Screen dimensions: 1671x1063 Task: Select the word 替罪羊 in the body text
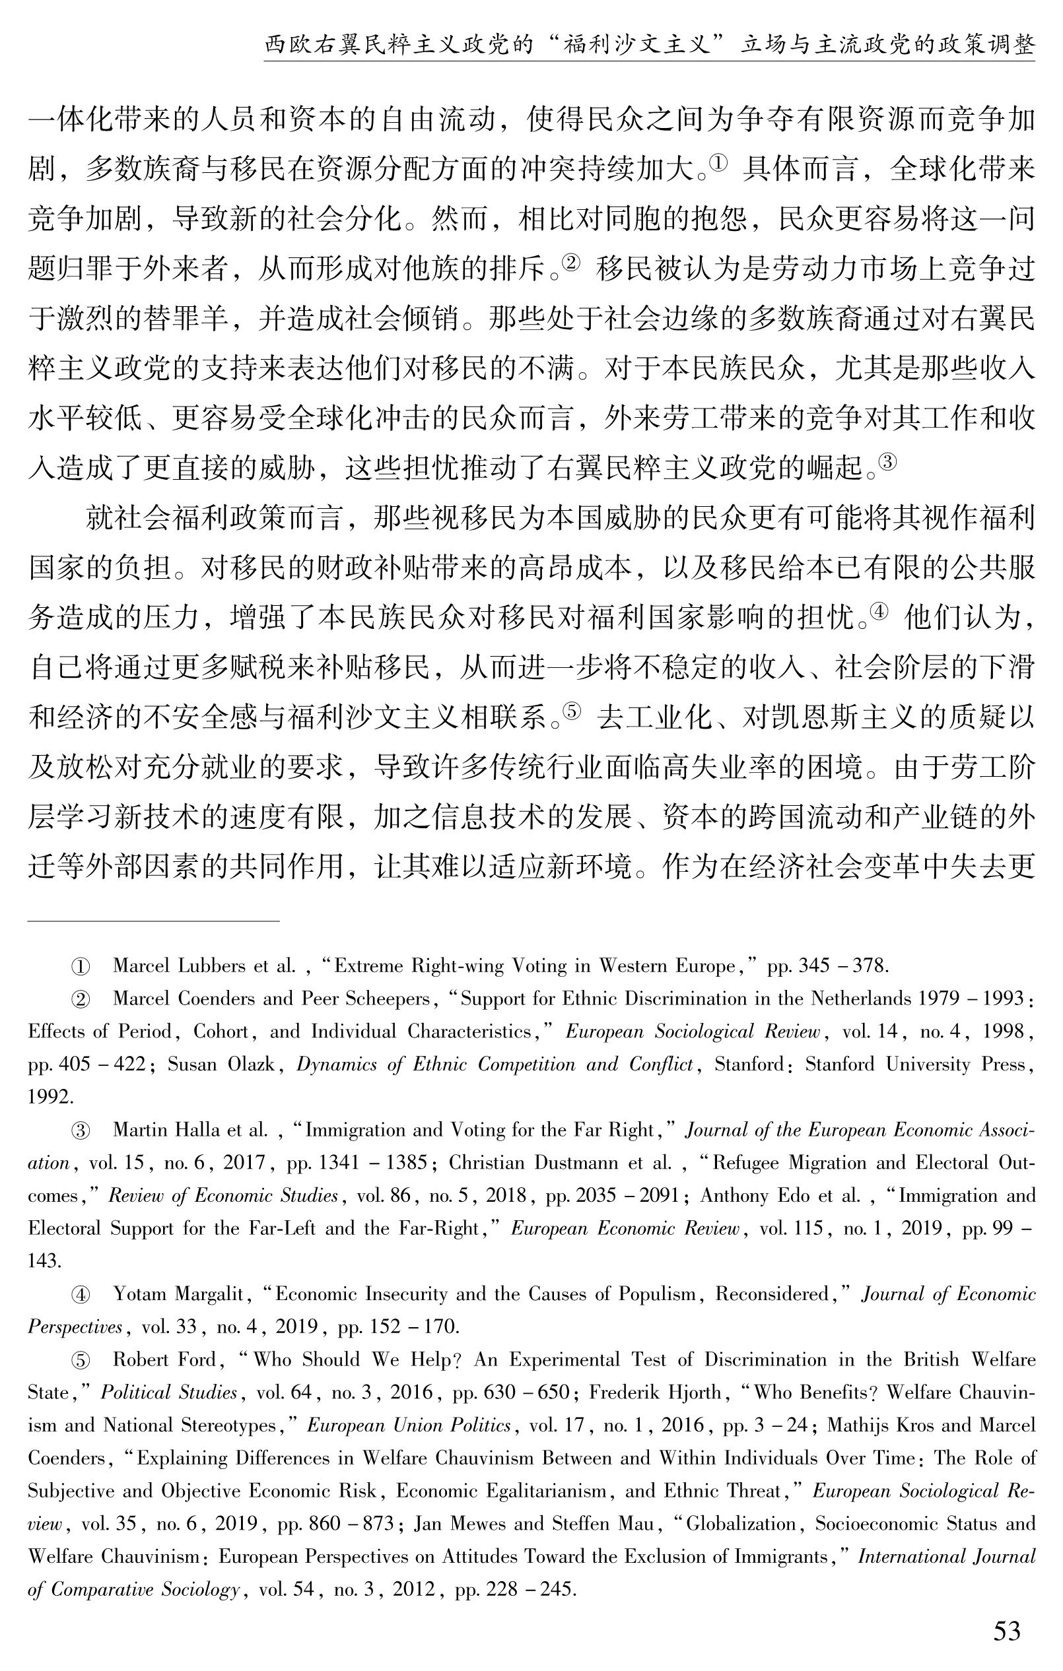click(x=185, y=319)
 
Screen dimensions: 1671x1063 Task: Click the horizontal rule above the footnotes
click(x=153, y=921)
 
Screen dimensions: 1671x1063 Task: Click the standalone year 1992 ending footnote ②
click(x=50, y=1096)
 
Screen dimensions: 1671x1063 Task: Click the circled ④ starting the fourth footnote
click(x=81, y=1294)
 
